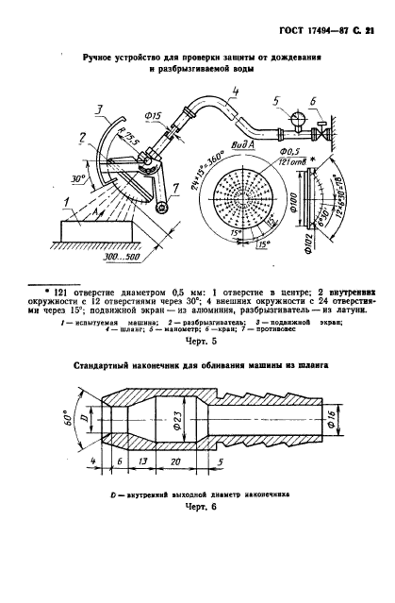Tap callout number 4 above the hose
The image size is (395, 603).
pyautogui.click(x=235, y=91)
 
